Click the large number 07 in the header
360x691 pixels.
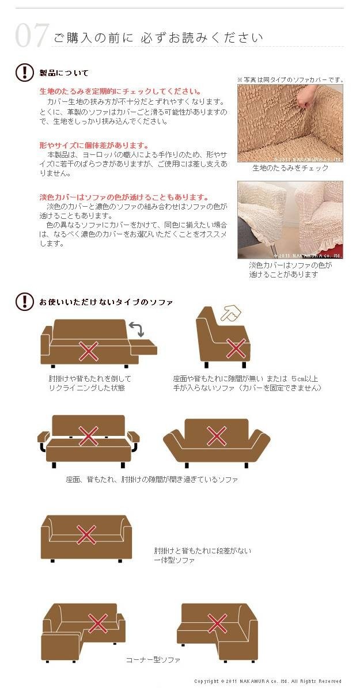click(31, 36)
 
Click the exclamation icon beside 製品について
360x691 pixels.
click(24, 73)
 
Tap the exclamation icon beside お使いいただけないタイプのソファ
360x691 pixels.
click(24, 301)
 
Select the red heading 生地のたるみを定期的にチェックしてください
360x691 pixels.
click(120, 92)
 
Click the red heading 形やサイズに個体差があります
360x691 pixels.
click(94, 146)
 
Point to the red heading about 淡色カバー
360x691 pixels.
click(123, 197)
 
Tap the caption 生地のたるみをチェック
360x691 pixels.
click(290, 168)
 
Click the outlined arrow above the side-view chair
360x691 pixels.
click(231, 313)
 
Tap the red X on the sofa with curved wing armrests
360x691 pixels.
click(216, 436)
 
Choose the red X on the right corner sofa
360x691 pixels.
click(217, 623)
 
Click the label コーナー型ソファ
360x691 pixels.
click(153, 660)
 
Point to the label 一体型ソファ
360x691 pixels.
click(174, 560)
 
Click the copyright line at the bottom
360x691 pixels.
click(268, 681)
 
